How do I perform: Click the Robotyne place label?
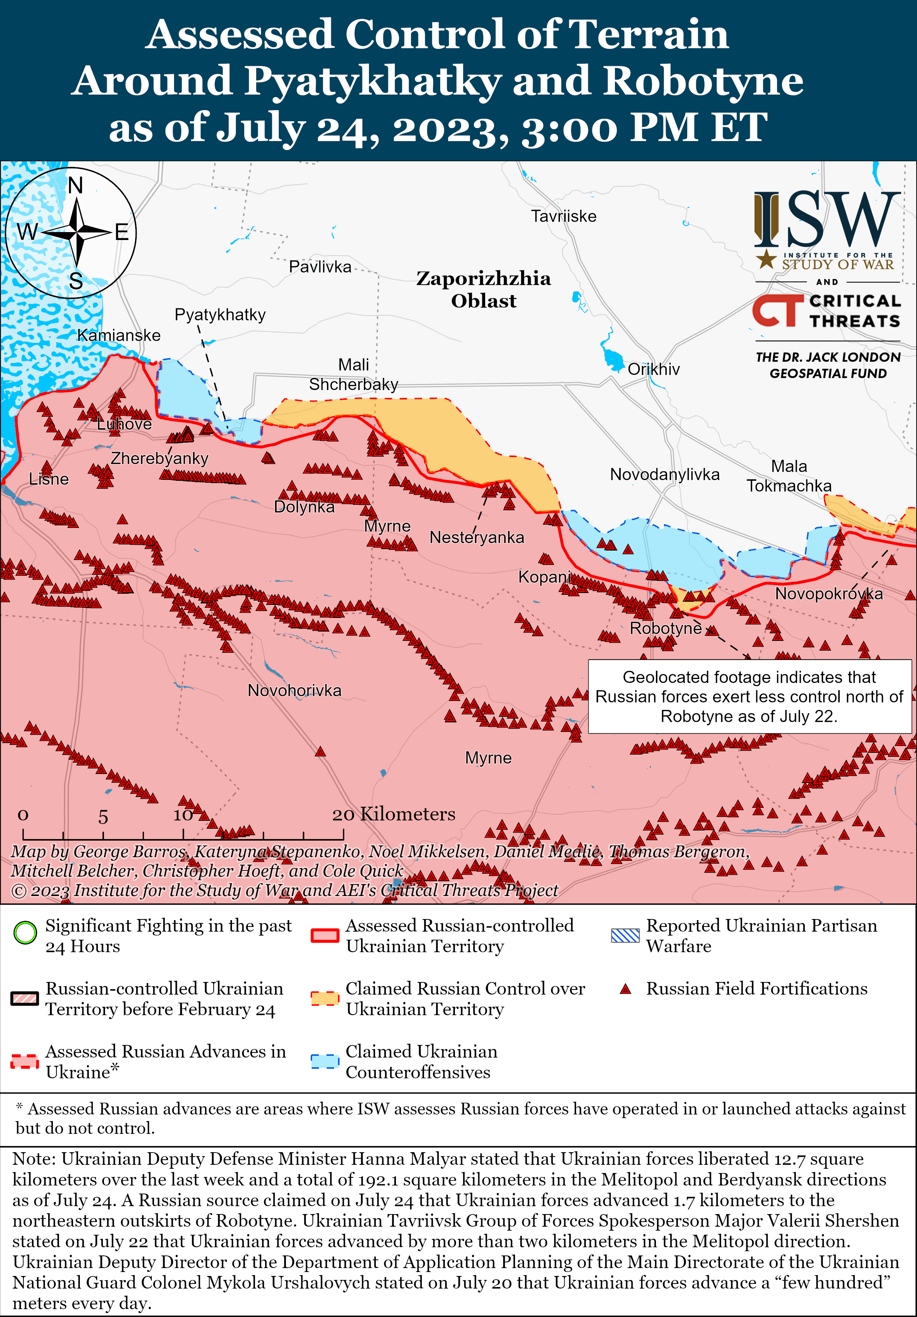pos(665,628)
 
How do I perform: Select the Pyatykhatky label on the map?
pos(220,314)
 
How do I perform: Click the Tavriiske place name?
pos(564,216)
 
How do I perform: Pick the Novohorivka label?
pos(294,690)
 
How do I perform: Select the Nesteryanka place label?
pos(477,538)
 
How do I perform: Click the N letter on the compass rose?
pos(76,186)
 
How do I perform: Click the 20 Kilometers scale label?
pos(394,814)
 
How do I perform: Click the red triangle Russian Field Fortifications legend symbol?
pos(625,989)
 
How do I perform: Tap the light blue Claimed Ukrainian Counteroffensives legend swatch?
pos(325,1061)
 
